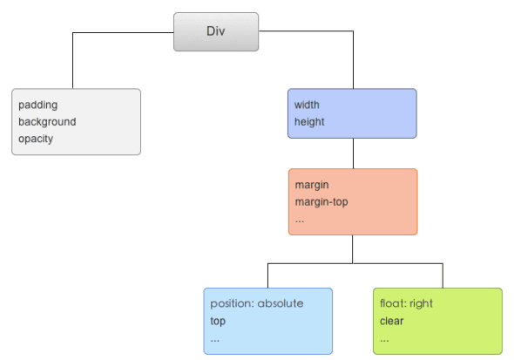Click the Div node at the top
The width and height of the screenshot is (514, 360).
point(215,32)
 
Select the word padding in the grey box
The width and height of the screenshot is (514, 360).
point(37,105)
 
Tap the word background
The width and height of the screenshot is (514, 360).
point(47,122)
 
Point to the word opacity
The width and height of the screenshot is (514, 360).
point(37,139)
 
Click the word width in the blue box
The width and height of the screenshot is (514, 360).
point(308,105)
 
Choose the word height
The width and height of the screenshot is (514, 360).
point(309,122)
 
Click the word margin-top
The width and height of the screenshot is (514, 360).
point(322,202)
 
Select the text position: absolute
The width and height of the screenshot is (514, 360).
point(256,303)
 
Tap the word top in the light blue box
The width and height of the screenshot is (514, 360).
point(217,321)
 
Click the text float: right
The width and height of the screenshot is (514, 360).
point(406,303)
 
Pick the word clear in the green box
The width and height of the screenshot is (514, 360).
point(391,321)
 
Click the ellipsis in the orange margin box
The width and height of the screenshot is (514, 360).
point(300,220)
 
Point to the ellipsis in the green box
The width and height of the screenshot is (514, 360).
point(384,338)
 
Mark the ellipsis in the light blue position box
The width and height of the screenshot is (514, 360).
point(214,338)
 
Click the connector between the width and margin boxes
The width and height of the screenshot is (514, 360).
point(353,153)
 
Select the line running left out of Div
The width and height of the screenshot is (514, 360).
point(122,33)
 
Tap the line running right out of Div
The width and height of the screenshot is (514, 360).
point(305,33)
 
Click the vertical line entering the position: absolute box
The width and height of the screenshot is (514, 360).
point(267,275)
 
